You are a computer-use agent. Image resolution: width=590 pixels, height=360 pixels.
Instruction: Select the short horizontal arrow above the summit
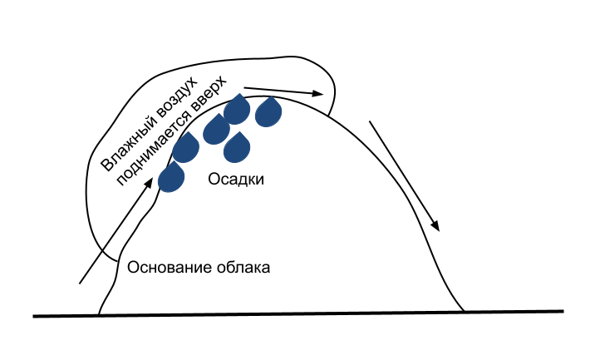tap(283, 89)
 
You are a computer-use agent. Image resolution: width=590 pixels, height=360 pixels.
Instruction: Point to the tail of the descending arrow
tap(370, 121)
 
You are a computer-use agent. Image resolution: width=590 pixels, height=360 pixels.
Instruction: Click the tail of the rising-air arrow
tap(81, 283)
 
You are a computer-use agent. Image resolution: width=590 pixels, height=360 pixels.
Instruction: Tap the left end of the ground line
tap(34, 316)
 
